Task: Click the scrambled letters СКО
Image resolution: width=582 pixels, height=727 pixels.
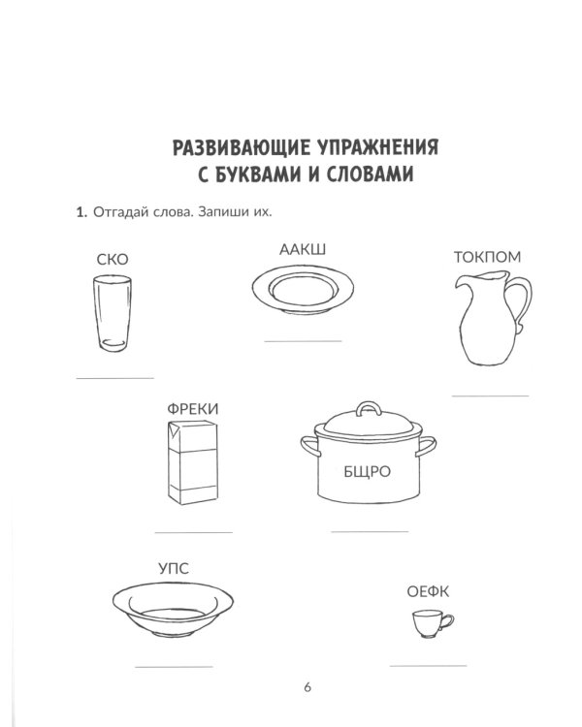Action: [x=113, y=259]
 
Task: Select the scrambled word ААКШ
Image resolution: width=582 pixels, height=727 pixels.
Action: [x=303, y=250]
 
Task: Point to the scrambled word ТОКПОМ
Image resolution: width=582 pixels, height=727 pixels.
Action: [x=487, y=257]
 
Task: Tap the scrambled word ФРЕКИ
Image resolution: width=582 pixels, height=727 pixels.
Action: [x=193, y=409]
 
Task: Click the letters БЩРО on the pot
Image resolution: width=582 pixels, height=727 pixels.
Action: [x=366, y=472]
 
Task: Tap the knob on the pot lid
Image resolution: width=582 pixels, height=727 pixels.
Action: [x=367, y=407]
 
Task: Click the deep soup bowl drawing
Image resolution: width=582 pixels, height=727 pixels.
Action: [x=171, y=608]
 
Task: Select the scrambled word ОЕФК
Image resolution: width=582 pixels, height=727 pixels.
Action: [x=427, y=592]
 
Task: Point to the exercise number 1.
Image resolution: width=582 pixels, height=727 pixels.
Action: [x=81, y=213]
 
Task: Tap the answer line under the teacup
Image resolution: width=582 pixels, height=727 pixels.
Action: [x=428, y=665]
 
